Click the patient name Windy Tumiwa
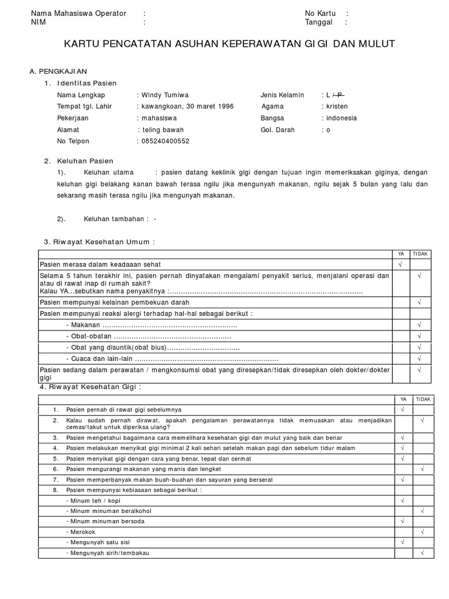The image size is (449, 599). [x=164, y=95]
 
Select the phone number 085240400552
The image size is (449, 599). [x=165, y=141]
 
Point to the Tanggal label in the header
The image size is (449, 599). [x=319, y=22]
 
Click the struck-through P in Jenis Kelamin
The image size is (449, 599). [x=340, y=95]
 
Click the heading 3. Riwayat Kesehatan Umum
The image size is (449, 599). [x=99, y=242]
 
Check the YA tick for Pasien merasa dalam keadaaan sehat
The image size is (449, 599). [x=400, y=264]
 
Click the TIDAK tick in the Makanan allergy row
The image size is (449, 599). [x=420, y=325]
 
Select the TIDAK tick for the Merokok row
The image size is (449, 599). [x=422, y=531]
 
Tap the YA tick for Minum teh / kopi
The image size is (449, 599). [x=403, y=501]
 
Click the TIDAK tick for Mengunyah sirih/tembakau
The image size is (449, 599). [x=422, y=553]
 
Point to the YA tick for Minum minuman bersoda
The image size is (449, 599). [x=403, y=521]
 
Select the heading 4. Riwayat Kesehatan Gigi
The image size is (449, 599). [x=91, y=387]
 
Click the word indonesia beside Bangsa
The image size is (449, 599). [x=341, y=118]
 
